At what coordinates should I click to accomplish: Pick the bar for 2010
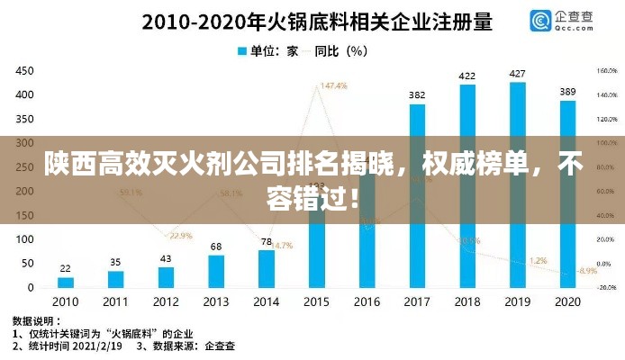coord(65,283)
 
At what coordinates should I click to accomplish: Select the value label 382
coord(417,94)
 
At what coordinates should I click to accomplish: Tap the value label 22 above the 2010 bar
coord(65,268)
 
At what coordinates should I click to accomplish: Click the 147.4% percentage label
coord(333,86)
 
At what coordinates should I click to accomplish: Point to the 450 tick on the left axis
coord(24,71)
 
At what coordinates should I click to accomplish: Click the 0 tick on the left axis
coord(31,288)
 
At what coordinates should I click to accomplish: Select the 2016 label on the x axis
coord(367,301)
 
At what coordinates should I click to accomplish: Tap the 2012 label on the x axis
coord(166,301)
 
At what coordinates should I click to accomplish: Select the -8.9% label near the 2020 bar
coord(587,270)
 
